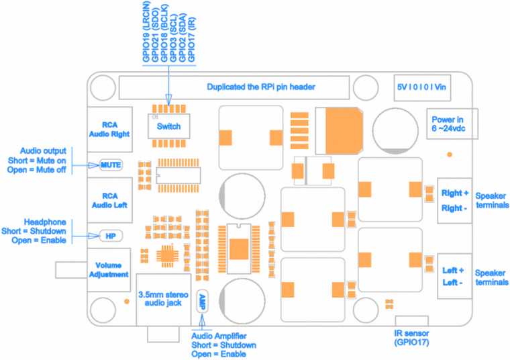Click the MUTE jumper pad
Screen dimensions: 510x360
pos(111,165)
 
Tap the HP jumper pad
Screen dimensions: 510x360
pos(111,236)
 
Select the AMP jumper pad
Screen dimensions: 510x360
pos(202,302)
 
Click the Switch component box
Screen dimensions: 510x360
pos(169,126)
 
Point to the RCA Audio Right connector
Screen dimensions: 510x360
pos(109,129)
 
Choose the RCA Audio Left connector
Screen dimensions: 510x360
pos(109,200)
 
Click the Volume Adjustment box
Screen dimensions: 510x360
pos(109,270)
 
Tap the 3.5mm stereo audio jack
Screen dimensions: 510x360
pos(163,300)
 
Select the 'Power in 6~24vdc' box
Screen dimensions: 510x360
pos(452,124)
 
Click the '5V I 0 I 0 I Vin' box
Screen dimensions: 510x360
pos(422,87)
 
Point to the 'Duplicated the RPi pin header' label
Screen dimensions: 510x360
pos(261,87)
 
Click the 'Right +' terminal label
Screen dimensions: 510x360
pos(455,193)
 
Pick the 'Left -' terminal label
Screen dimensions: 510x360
pos(452,282)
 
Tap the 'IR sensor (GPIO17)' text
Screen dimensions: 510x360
pos(411,338)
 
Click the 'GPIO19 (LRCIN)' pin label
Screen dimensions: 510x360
pos(147,32)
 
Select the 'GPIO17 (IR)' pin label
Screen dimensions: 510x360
pos(191,40)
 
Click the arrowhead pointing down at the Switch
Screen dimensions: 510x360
pos(168,99)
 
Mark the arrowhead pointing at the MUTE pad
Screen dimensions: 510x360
pos(94,165)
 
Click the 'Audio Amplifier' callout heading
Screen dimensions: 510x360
pos(219,336)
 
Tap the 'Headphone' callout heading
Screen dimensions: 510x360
pos(45,222)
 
